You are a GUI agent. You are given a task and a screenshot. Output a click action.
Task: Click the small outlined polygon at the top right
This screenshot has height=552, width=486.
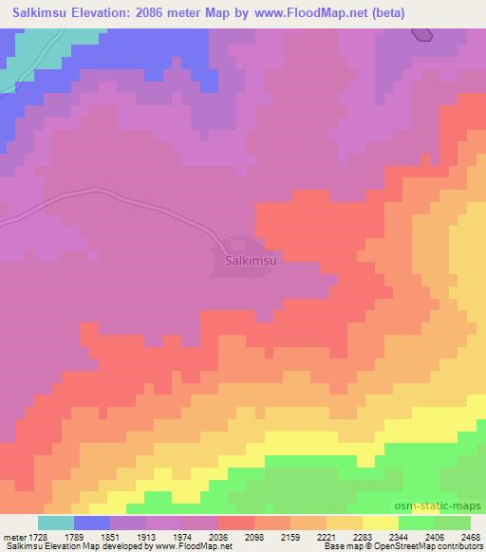[x=422, y=34]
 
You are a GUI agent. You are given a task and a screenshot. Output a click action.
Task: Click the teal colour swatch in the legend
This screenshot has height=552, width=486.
[x=56, y=523]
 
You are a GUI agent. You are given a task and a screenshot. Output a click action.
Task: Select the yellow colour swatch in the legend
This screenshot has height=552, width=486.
[x=381, y=523]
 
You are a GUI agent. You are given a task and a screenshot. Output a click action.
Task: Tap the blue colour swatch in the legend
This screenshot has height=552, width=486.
[x=92, y=523]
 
